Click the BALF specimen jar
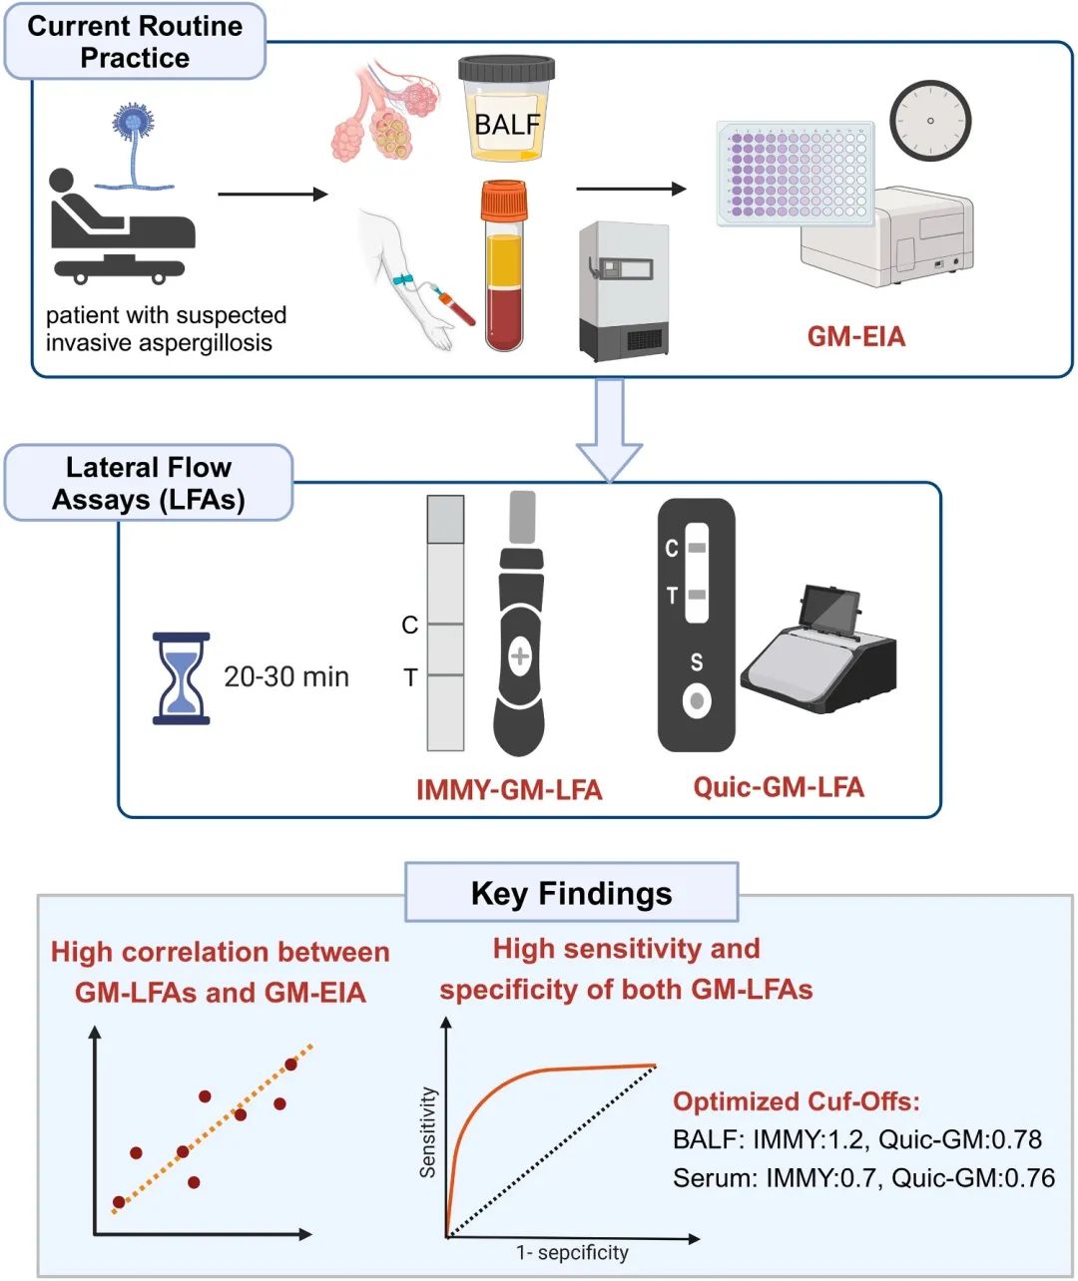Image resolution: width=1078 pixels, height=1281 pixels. click(506, 110)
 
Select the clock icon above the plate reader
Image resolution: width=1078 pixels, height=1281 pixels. click(930, 120)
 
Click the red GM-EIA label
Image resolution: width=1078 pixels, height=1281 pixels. click(856, 336)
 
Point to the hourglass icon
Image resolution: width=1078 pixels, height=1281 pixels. click(181, 678)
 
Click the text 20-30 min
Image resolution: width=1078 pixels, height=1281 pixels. click(286, 677)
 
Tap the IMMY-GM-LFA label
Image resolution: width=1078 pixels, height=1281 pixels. click(509, 790)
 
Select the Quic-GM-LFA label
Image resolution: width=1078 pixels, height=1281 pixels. click(779, 787)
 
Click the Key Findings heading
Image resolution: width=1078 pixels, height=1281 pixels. click(571, 893)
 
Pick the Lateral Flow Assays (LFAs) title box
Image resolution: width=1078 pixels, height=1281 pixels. click(149, 483)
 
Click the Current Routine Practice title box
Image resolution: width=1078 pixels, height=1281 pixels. click(135, 42)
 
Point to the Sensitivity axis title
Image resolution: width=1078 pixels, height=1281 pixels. click(428, 1132)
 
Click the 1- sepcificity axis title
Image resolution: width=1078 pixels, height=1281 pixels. click(572, 1252)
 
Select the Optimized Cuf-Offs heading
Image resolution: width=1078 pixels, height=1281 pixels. click(797, 1101)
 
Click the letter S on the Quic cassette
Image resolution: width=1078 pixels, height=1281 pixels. click(697, 661)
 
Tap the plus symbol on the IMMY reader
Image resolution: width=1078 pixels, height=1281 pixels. click(520, 655)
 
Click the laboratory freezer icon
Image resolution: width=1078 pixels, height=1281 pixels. click(623, 291)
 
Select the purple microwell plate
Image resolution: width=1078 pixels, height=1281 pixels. click(796, 171)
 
